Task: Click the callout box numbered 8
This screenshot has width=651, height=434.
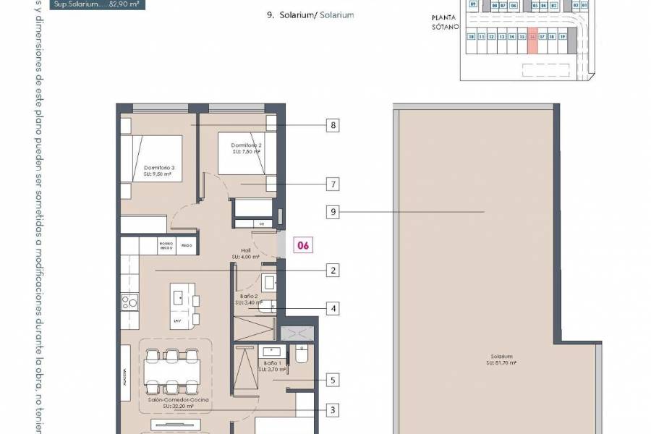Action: tap(333, 125)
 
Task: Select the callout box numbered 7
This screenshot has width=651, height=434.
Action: tap(333, 184)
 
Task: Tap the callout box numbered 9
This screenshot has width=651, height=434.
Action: tap(333, 212)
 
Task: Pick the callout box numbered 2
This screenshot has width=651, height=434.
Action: tap(333, 271)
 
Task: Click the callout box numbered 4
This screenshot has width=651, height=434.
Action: tap(333, 309)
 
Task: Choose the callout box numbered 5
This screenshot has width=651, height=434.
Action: tap(333, 379)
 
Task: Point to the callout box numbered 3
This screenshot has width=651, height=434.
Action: tap(333, 410)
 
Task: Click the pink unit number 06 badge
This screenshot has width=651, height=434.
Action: tap(303, 246)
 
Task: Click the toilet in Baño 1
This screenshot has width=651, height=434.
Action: tap(302, 354)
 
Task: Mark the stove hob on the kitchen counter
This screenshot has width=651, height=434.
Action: tap(129, 302)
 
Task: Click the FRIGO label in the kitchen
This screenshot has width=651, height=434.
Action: tap(187, 246)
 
